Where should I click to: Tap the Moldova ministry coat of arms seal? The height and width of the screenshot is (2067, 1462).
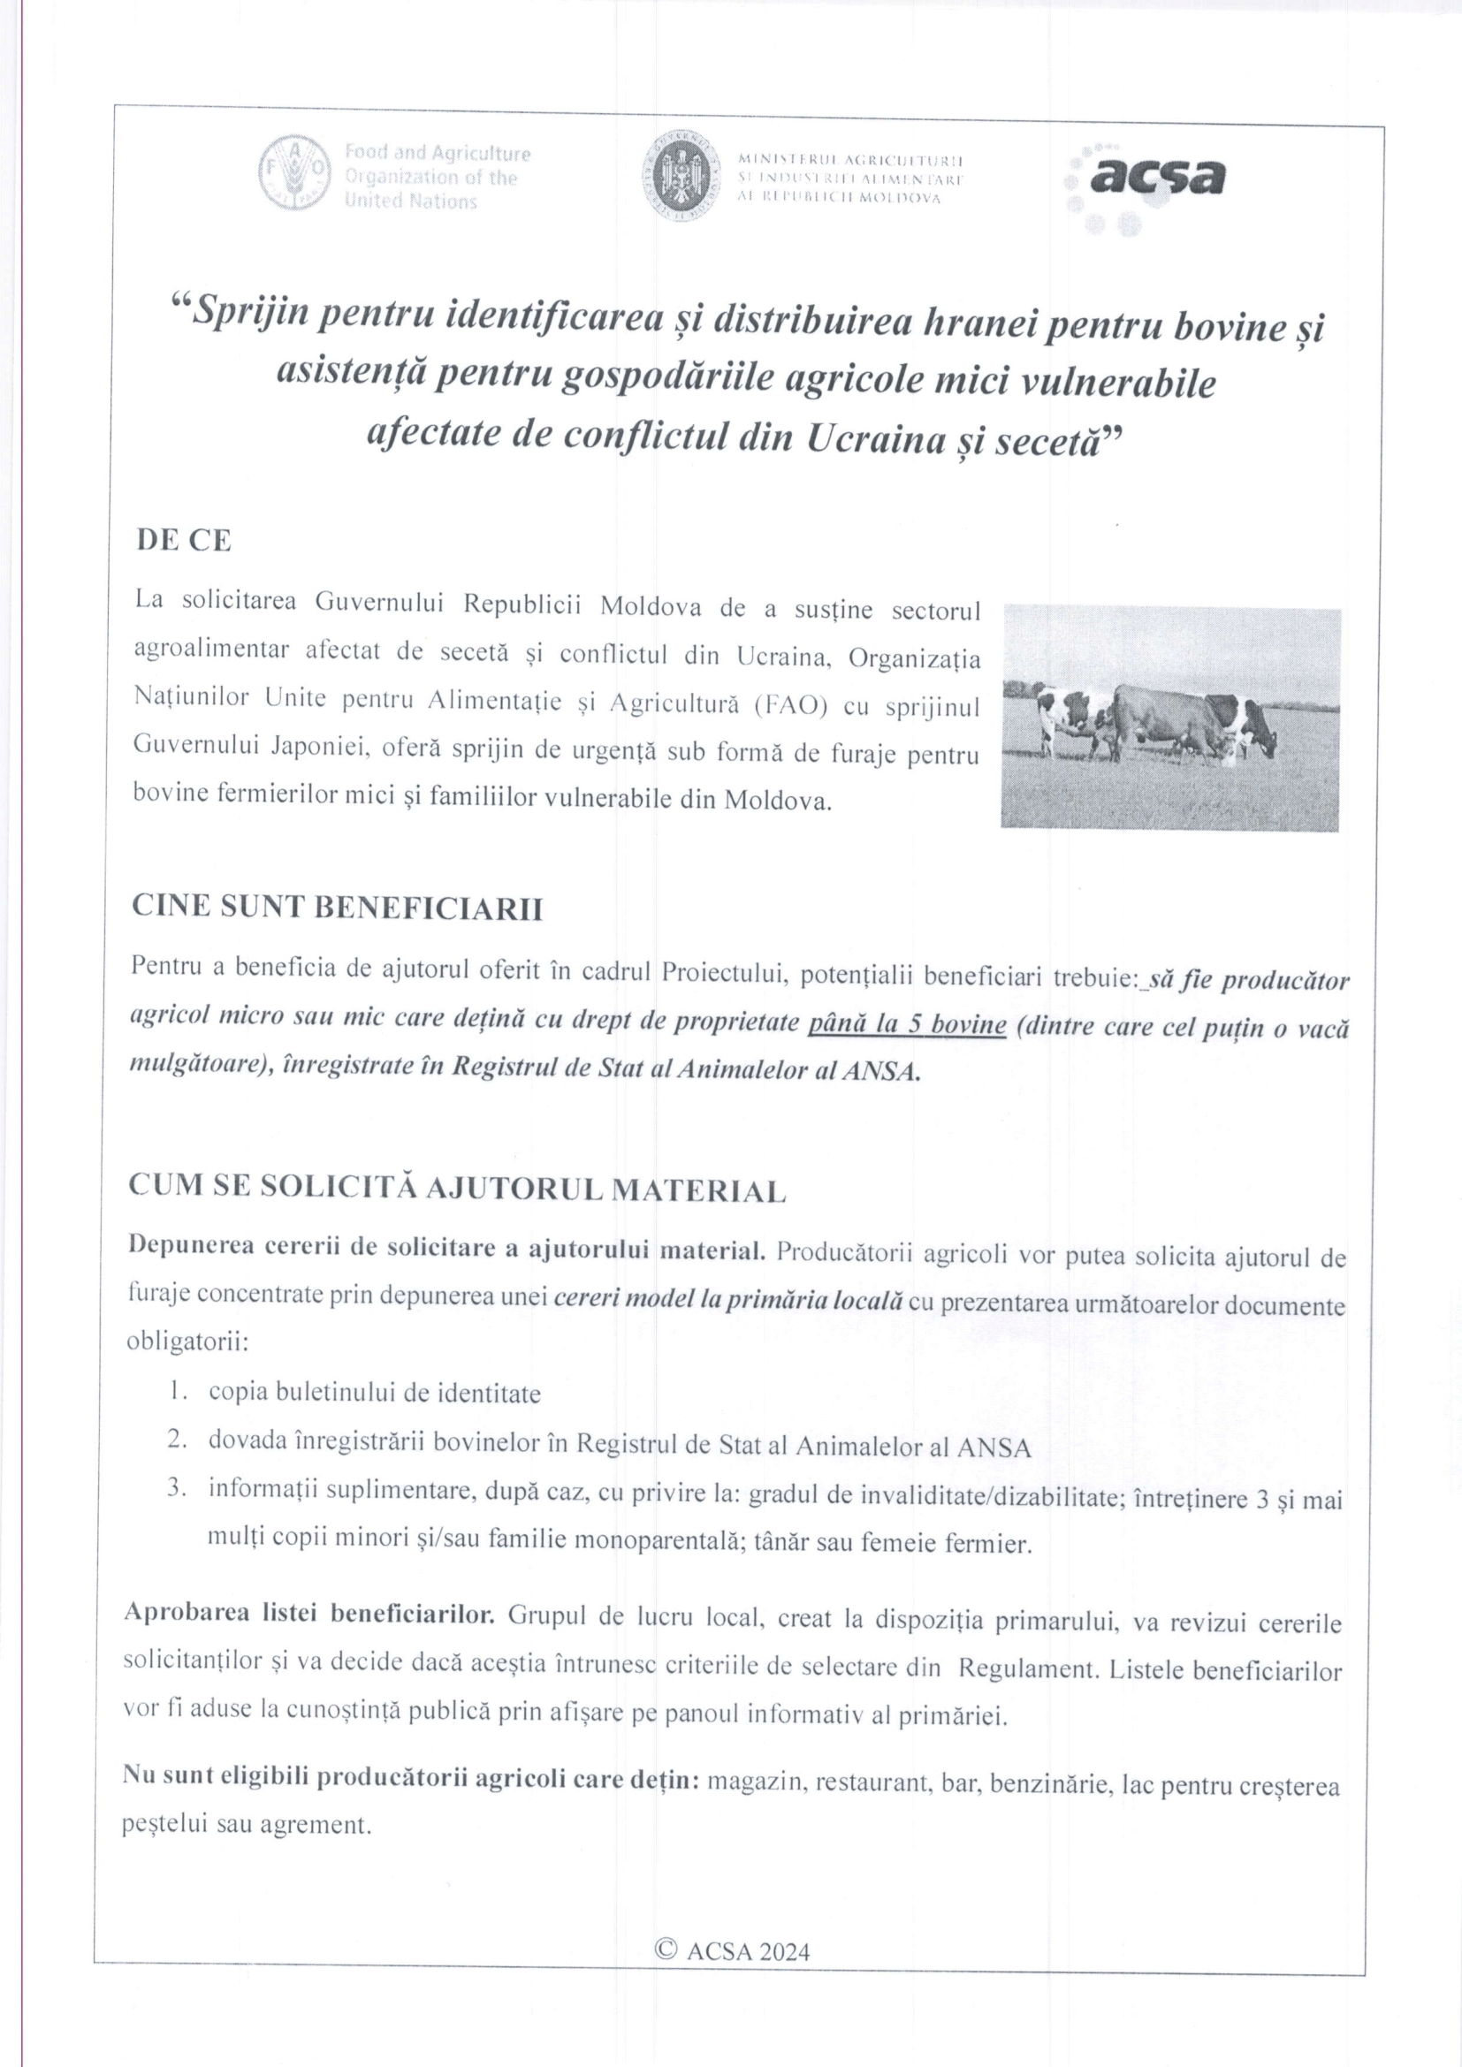pyautogui.click(x=682, y=177)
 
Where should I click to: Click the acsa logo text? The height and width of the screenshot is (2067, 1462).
pyautogui.click(x=1157, y=177)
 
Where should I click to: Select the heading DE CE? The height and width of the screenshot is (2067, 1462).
pyautogui.click(x=184, y=540)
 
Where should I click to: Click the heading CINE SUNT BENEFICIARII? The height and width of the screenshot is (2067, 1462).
pyautogui.click(x=338, y=908)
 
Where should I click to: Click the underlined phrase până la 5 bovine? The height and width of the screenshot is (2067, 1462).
pyautogui.click(x=907, y=1024)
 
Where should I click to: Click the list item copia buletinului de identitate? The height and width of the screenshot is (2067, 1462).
pyautogui.click(x=375, y=1393)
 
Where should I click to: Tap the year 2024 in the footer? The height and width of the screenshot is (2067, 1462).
pyautogui.click(x=785, y=1952)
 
